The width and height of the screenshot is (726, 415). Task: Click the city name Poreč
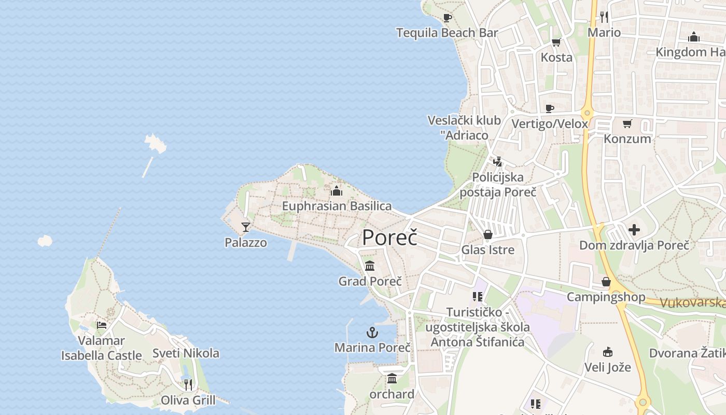389,238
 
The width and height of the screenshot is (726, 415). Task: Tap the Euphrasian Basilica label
337,206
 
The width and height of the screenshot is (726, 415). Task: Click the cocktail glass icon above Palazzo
246,227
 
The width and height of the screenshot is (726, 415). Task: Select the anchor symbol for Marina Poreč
372,333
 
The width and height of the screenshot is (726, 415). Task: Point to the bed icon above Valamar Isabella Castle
102,325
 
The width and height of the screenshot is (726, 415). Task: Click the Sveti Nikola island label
186,353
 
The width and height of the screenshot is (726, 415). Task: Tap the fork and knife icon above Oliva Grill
188,384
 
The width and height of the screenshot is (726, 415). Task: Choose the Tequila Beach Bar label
447,33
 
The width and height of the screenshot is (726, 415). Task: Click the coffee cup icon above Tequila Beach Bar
448,18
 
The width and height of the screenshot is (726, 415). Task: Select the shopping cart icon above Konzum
627,123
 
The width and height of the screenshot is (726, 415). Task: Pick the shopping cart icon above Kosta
556,42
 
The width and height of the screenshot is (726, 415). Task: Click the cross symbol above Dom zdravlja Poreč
634,230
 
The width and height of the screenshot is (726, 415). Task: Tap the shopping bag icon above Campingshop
606,282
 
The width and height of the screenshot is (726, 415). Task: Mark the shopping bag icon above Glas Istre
488,234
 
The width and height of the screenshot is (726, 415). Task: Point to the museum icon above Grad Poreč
370,266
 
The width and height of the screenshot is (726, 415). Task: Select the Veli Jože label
608,367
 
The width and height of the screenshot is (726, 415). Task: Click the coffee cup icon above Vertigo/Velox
550,108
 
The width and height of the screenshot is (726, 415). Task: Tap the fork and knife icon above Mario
604,17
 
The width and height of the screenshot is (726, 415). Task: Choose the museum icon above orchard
392,379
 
